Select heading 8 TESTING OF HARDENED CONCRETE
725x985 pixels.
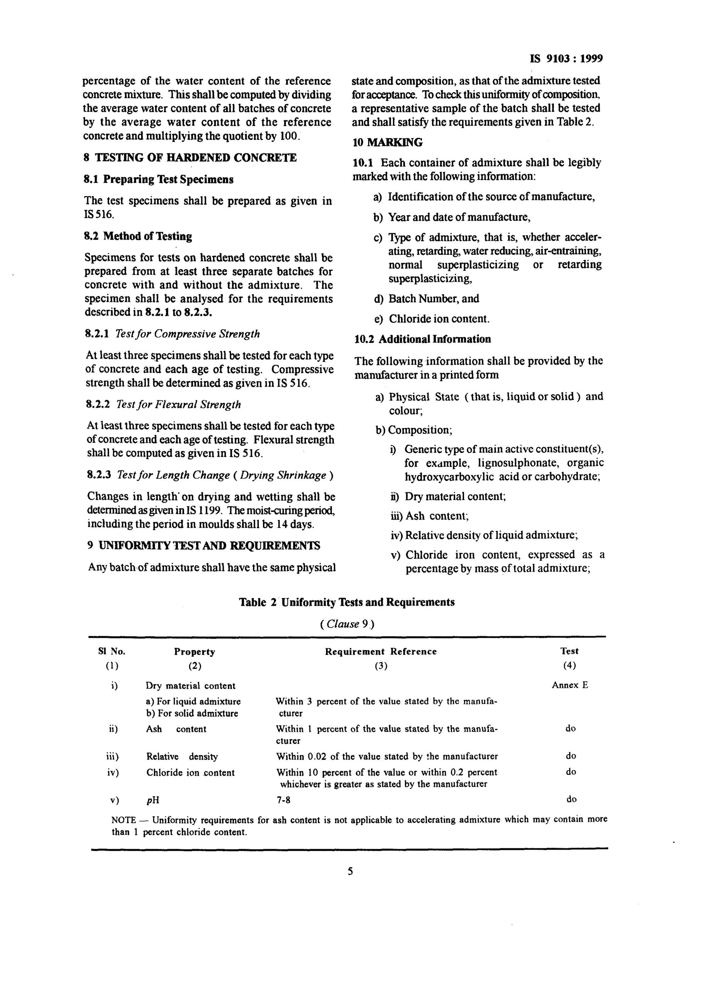pos(190,158)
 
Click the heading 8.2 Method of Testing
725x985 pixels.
pos(138,236)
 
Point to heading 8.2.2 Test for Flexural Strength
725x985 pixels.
pos(163,405)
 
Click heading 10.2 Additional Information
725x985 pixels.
pos(422,339)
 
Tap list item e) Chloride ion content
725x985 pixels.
pos(432,319)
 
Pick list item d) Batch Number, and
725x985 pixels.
pos(426,299)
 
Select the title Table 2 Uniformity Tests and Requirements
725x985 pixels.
pos(347,602)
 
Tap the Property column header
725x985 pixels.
pos(194,652)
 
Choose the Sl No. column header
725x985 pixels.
pos(112,652)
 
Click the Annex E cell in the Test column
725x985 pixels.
pos(570,685)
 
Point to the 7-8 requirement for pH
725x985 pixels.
pos(283,800)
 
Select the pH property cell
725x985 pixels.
pos(152,800)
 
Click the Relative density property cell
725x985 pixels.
pos(182,757)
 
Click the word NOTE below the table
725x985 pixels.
pos(124,820)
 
